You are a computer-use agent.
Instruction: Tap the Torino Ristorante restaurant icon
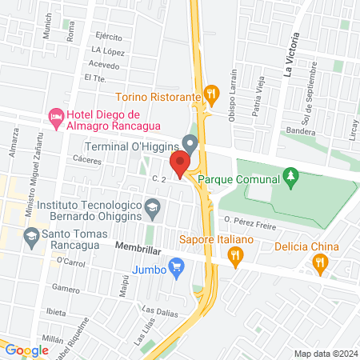point(211,95)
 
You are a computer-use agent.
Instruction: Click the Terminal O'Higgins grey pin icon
point(190,144)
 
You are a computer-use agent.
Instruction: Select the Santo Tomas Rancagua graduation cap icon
point(30,236)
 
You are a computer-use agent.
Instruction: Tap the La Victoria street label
point(289,54)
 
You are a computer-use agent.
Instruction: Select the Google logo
point(26,350)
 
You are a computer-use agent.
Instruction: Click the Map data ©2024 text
point(325,354)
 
